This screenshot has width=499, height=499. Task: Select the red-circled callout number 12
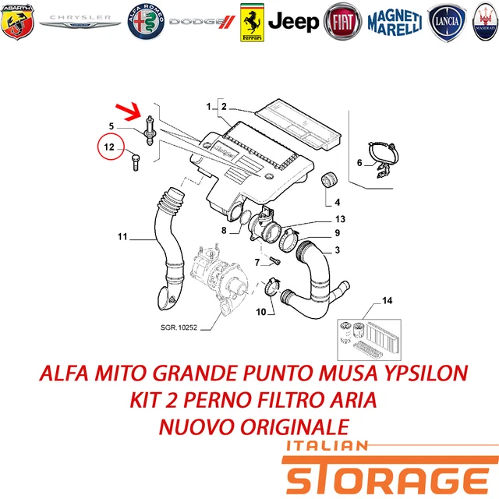tap(110, 146)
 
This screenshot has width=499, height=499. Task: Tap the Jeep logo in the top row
tap(293, 21)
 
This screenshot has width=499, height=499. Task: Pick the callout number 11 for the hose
tap(122, 236)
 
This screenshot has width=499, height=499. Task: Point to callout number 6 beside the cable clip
tap(359, 163)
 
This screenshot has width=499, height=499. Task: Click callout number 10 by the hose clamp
tap(261, 312)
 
